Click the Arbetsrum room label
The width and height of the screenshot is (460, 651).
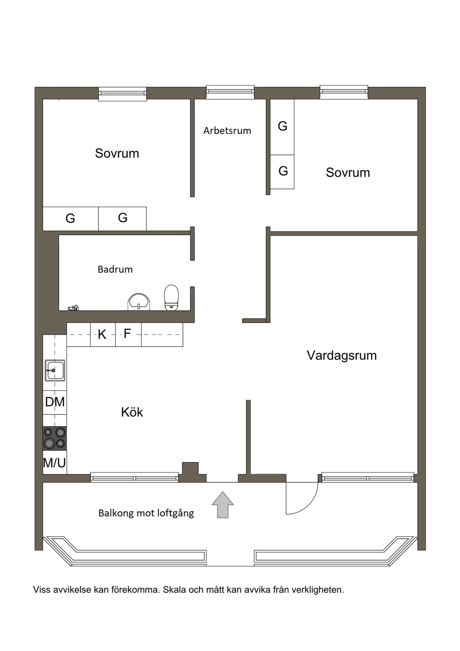tap(227, 131)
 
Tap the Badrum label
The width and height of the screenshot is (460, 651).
tap(115, 269)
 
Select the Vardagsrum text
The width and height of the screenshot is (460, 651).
tap(341, 356)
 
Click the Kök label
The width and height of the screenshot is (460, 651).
tap(132, 412)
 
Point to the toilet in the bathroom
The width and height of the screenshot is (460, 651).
tap(171, 298)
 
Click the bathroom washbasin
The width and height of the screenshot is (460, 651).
tap(139, 302)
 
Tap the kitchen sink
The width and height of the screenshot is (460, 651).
tap(55, 370)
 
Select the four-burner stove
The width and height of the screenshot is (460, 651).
tap(55, 438)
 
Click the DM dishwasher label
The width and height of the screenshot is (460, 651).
tap(55, 402)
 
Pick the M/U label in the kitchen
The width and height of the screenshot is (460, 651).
tap(54, 462)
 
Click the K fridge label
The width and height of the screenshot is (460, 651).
tap(102, 334)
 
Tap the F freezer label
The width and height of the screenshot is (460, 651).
tap(127, 334)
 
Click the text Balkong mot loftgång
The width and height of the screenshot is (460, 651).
tap(146, 513)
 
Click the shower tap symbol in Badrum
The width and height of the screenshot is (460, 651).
tap(73, 308)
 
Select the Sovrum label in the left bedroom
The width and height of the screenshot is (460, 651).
tap(117, 153)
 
